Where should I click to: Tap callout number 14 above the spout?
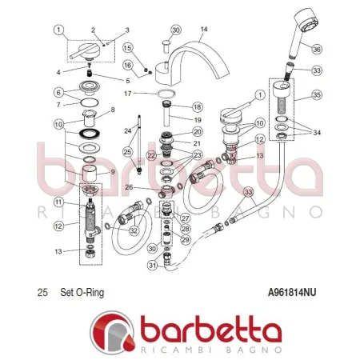pyautogui.click(x=203, y=30)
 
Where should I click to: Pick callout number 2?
pyautogui.click(x=93, y=30)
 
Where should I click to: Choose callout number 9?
pyautogui.click(x=111, y=170)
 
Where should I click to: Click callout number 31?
pyautogui.click(x=153, y=266)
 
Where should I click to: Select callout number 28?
pyautogui.click(x=185, y=230)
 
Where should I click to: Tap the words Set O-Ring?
pyautogui.click(x=82, y=293)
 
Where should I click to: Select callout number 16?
pyautogui.click(x=128, y=64)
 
